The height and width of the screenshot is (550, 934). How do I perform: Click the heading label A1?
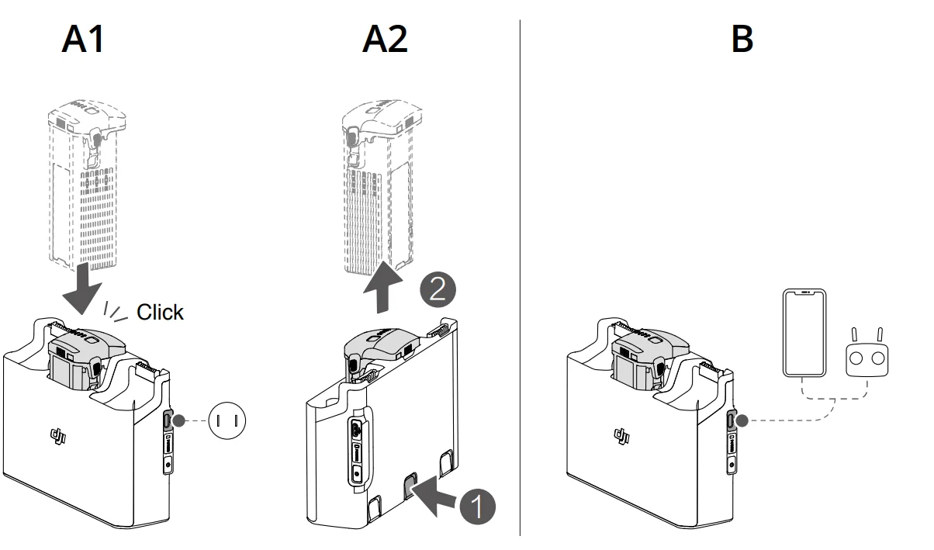(83, 38)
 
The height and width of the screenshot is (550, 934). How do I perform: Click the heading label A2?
(385, 38)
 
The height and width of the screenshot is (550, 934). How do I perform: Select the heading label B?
(742, 38)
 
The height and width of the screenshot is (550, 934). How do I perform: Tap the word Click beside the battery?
(160, 312)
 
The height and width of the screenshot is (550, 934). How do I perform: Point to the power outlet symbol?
(228, 420)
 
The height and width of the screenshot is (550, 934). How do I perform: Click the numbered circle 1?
(475, 507)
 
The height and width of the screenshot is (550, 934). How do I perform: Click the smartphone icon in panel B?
(803, 334)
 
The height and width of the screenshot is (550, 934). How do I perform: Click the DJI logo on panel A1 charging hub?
(58, 436)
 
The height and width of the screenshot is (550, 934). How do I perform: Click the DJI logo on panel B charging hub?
(621, 436)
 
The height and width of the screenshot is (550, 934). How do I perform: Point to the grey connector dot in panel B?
(742, 420)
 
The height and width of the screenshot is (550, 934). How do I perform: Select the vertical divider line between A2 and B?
(520, 279)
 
